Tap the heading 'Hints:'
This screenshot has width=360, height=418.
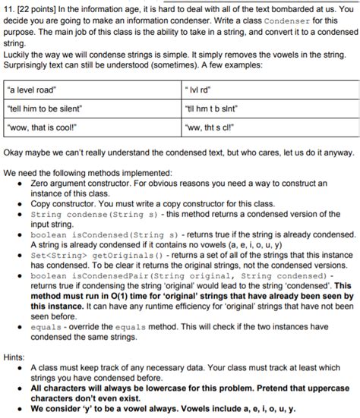coord(14,354)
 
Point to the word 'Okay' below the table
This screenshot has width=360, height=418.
coord(14,151)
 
